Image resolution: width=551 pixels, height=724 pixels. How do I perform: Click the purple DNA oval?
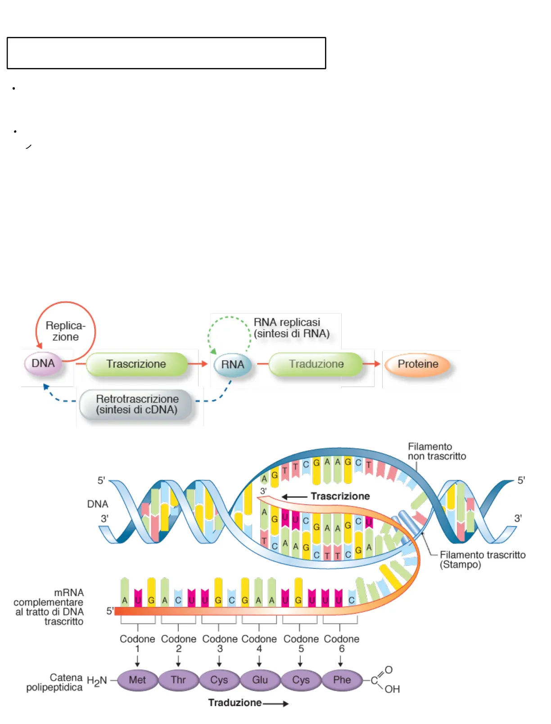click(43, 364)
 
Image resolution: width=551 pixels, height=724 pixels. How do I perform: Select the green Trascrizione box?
click(136, 364)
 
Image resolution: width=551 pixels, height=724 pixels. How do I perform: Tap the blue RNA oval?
click(232, 364)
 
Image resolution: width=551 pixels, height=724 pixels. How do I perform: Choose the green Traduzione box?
click(316, 364)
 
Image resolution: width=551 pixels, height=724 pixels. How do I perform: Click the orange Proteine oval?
click(418, 364)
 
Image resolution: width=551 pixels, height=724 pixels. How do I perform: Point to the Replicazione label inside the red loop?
click(65, 331)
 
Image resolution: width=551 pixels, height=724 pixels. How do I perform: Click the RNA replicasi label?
click(291, 328)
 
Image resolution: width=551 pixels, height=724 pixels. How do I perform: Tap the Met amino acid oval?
click(137, 680)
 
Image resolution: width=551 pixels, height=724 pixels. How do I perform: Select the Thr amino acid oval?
click(178, 680)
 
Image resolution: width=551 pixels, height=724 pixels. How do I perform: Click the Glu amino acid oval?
click(260, 680)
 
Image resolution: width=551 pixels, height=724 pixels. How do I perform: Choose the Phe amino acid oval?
click(342, 680)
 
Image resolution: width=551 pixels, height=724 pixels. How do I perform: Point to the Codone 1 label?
click(137, 643)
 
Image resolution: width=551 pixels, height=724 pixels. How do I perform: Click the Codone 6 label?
click(341, 643)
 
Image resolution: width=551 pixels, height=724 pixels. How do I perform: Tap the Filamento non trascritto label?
click(437, 451)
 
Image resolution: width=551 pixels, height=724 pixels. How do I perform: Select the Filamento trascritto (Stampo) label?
click(482, 560)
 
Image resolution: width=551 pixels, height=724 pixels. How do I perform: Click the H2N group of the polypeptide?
click(96, 681)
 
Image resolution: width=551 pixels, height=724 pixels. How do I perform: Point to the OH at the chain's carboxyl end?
click(392, 689)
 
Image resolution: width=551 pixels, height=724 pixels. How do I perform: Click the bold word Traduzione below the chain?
click(235, 703)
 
